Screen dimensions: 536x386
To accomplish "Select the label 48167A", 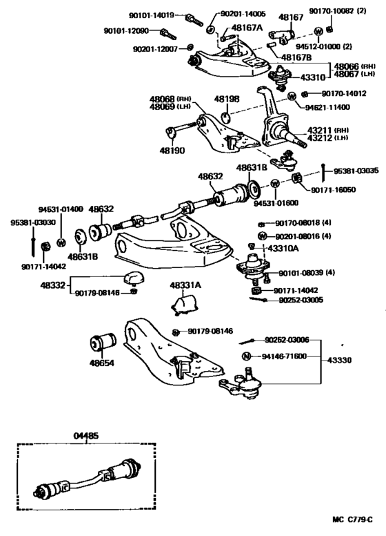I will click(x=245, y=28).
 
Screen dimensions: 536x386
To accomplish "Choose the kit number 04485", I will click(x=85, y=435).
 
